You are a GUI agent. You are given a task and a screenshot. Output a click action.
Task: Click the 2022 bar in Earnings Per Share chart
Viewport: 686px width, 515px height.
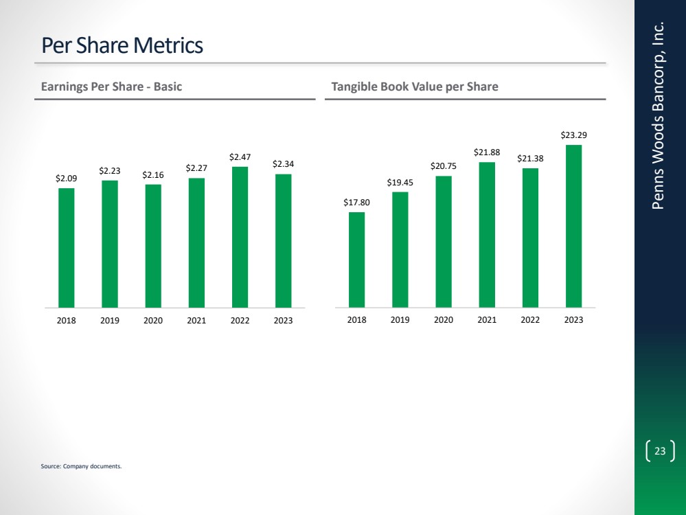coord(240,237)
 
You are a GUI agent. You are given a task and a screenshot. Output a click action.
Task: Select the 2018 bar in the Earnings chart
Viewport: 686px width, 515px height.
coord(66,247)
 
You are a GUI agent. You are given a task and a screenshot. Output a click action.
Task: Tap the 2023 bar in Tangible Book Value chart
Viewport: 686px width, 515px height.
coord(573,226)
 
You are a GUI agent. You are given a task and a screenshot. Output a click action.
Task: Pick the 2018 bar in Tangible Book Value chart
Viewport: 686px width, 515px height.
coord(356,260)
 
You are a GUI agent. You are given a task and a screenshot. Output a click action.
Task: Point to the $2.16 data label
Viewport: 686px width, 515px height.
coord(153,176)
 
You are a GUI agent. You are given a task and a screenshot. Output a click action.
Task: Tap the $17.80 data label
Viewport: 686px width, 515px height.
coord(356,203)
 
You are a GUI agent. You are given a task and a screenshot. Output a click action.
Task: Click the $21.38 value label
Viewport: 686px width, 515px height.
coord(530,159)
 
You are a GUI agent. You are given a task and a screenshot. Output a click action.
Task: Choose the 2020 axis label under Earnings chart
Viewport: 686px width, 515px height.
coord(153,321)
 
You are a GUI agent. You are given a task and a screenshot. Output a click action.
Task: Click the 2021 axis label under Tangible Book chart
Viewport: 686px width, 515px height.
coord(487,321)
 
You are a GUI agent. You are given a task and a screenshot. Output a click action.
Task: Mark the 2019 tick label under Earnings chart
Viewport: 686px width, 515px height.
coord(110,321)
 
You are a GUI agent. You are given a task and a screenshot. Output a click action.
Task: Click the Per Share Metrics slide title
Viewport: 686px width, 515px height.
coord(122,46)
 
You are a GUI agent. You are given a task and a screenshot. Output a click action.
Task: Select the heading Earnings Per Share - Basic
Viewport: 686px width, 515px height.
coord(111,87)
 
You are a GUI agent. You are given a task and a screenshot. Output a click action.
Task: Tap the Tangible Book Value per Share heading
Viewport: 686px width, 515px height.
coord(414,87)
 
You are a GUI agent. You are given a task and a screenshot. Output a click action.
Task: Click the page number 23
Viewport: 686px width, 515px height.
coord(660,451)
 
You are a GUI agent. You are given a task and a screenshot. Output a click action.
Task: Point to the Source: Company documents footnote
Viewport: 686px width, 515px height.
coord(81,467)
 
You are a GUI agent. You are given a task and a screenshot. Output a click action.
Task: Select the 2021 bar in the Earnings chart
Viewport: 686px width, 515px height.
coord(196,242)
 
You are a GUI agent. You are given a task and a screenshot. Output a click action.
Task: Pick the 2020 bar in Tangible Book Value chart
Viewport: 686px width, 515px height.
coord(444,241)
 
